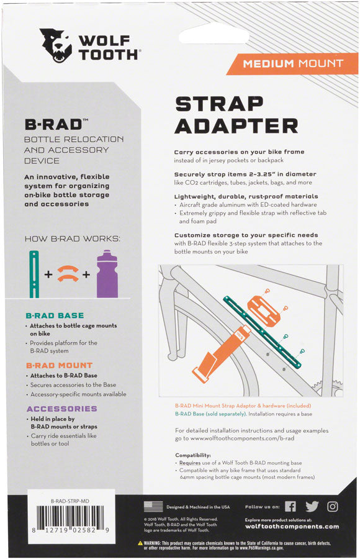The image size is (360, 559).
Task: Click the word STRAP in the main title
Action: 218,104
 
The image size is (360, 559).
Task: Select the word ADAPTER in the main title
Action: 236,126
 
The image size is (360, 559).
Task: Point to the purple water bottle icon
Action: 107,274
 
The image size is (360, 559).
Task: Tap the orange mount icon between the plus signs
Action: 68,274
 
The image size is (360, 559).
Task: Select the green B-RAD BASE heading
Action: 55,316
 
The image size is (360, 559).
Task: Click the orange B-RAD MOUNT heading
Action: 59,365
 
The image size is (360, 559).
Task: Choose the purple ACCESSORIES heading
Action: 61,409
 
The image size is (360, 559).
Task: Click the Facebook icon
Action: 290,506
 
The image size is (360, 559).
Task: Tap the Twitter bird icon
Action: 312,506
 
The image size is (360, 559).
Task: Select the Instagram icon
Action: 333,506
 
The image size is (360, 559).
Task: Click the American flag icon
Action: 153,506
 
